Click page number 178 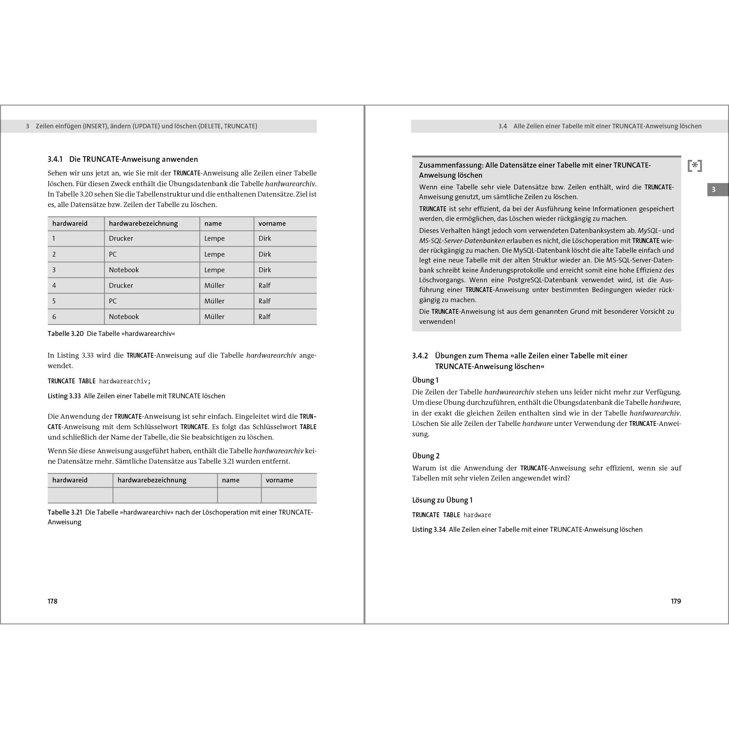click(x=52, y=601)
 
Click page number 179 click(x=676, y=601)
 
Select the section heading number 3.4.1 click(x=55, y=159)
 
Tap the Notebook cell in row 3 click(x=124, y=270)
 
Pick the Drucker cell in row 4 click(x=121, y=286)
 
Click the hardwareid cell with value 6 click(x=54, y=316)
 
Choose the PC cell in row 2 click(x=113, y=254)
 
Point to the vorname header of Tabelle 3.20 click(x=272, y=224)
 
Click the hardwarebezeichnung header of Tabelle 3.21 click(x=152, y=480)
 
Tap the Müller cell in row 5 click(x=214, y=301)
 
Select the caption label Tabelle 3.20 click(x=66, y=334)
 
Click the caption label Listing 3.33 click(x=64, y=396)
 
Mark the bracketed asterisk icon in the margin click(x=695, y=166)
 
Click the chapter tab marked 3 click(x=713, y=189)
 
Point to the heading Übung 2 click(x=426, y=456)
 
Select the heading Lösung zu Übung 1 click(x=442, y=500)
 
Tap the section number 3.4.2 click(x=420, y=356)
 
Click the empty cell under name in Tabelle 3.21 click(x=239, y=495)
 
